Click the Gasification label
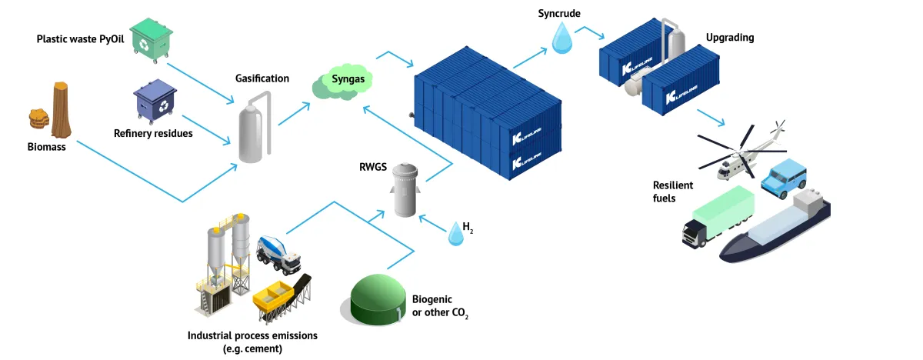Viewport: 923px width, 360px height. click(262, 78)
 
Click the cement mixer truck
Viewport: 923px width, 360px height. click(279, 253)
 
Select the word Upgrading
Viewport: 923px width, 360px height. click(730, 38)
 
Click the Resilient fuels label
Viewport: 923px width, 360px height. click(673, 192)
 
